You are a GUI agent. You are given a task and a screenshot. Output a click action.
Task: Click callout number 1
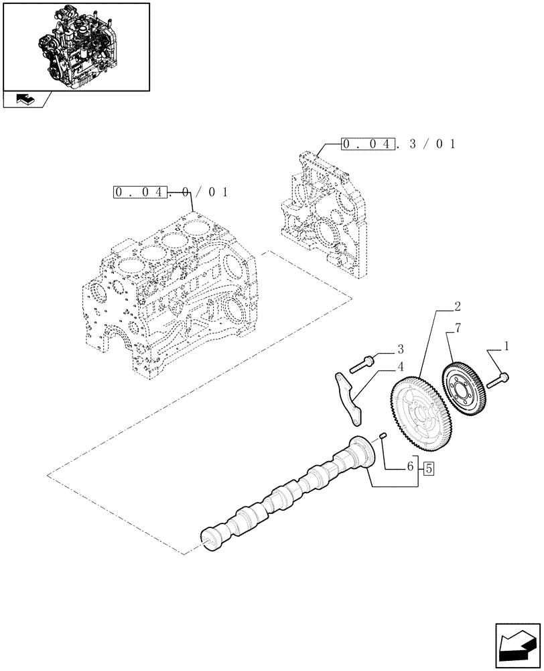click(507, 347)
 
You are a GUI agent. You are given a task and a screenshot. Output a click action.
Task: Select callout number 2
click(456, 308)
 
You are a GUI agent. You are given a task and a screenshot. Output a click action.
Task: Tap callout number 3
click(400, 349)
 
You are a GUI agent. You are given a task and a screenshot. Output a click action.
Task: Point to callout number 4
click(400, 366)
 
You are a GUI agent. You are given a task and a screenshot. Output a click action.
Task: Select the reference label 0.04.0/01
click(172, 193)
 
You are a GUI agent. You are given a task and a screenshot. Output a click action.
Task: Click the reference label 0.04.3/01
click(399, 144)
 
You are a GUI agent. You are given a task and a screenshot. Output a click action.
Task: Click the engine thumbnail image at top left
click(76, 46)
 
